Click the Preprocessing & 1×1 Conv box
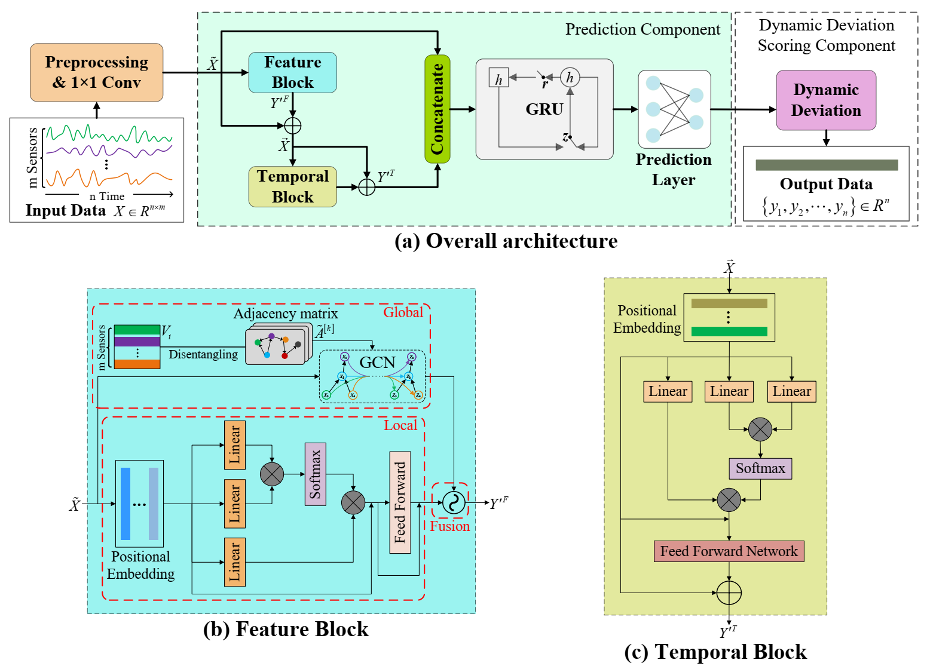pos(96,72)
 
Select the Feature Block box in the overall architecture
pos(292,72)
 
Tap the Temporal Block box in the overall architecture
pos(292,186)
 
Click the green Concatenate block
pos(437,109)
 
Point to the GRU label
pos(544,109)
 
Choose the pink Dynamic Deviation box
pos(825,100)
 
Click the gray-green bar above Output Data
pos(826,165)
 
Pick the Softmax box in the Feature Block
pos(315,474)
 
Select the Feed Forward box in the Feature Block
pos(400,502)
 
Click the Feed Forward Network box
pos(729,551)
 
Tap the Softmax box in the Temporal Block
pos(760,468)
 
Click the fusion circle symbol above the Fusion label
pos(454,502)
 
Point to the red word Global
pos(403,312)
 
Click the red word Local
pos(400,425)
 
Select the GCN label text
pos(377,363)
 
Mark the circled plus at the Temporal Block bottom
pos(729,593)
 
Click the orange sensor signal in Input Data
pos(108,177)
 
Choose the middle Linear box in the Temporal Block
pos(729,391)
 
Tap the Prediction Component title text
pos(643,29)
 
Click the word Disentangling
pos(203,354)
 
